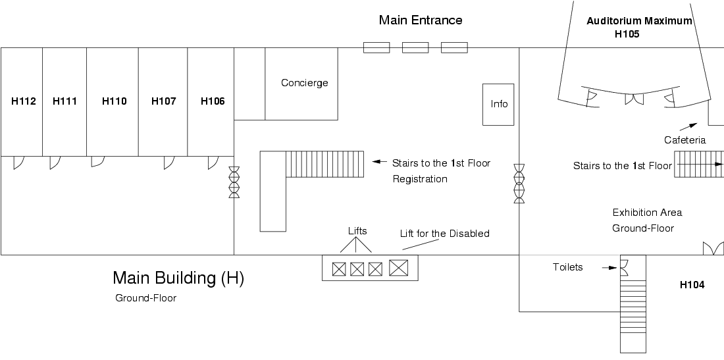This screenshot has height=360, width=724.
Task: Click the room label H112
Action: [x=24, y=101]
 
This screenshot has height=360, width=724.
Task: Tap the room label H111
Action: [x=65, y=101]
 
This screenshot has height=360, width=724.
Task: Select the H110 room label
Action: [x=114, y=101]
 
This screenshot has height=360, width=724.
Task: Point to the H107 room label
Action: [x=163, y=101]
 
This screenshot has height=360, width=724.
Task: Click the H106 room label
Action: [x=213, y=101]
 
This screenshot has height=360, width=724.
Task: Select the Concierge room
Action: [x=304, y=83]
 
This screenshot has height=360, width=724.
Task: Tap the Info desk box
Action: [x=500, y=104]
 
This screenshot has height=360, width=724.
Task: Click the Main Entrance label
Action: [x=421, y=20]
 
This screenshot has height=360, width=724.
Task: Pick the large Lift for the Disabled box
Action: [x=399, y=268]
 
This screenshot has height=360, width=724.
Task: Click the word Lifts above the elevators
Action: [x=357, y=231]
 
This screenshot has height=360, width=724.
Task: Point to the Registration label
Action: [x=420, y=179]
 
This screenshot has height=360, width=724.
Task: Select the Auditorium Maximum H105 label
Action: [x=639, y=28]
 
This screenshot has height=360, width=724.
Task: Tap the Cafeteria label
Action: [x=685, y=140]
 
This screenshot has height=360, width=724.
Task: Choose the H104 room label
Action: [x=692, y=285]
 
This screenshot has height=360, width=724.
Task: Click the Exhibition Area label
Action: [x=647, y=213]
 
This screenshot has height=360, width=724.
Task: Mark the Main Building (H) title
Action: [x=178, y=278]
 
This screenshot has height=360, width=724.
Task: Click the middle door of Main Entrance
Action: [x=415, y=47]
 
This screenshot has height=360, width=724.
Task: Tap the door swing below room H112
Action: [x=18, y=161]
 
